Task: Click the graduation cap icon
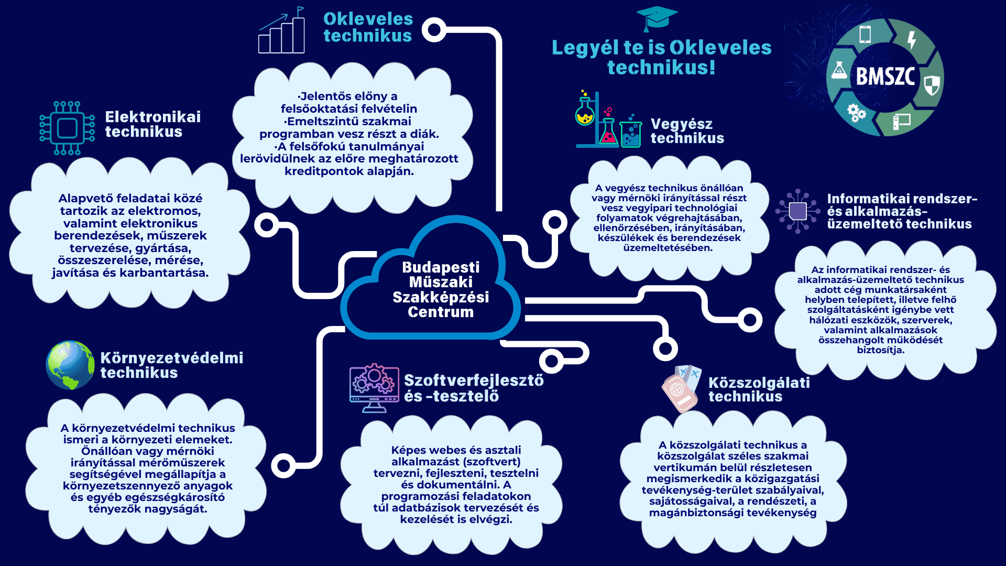pos(657,19)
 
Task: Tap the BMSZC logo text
pos(885,77)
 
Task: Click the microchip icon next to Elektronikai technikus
pos(67,128)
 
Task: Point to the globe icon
pos(70,365)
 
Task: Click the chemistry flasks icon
pos(608,119)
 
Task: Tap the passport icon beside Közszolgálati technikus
pos(681,388)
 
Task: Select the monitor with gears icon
pos(374,388)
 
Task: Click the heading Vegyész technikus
pos(687,131)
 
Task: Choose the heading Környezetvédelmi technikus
pos(172,365)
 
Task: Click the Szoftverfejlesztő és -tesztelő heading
pos(474,388)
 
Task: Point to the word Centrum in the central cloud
pos(441,312)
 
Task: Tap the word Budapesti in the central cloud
pos(441,267)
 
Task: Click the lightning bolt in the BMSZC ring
pos(912,39)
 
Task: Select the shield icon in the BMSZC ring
pos(932,85)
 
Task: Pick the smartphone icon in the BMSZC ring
pos(865,35)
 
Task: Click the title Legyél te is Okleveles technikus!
pos(662,57)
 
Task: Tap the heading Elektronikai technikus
pos(152,124)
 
